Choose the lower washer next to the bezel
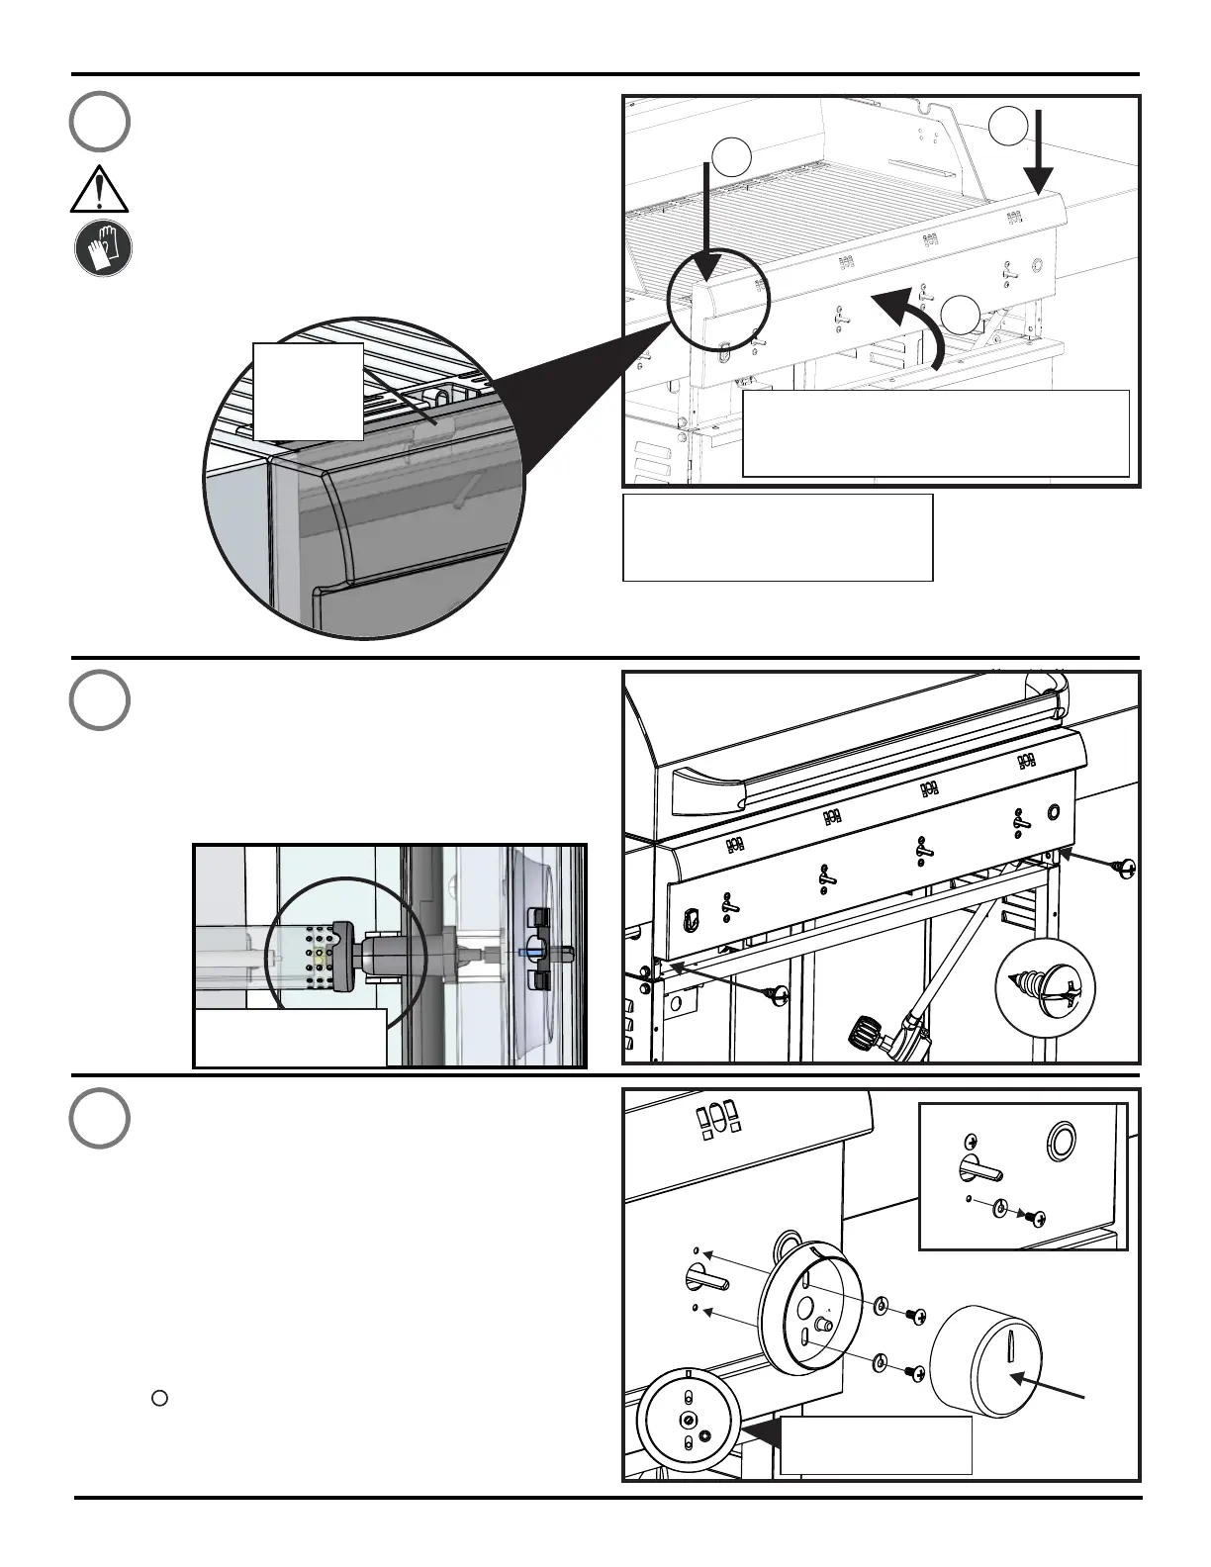[881, 1365]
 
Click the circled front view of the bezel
[688, 1420]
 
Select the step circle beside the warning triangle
[99, 121]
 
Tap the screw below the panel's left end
[778, 992]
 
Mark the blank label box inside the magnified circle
[308, 391]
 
